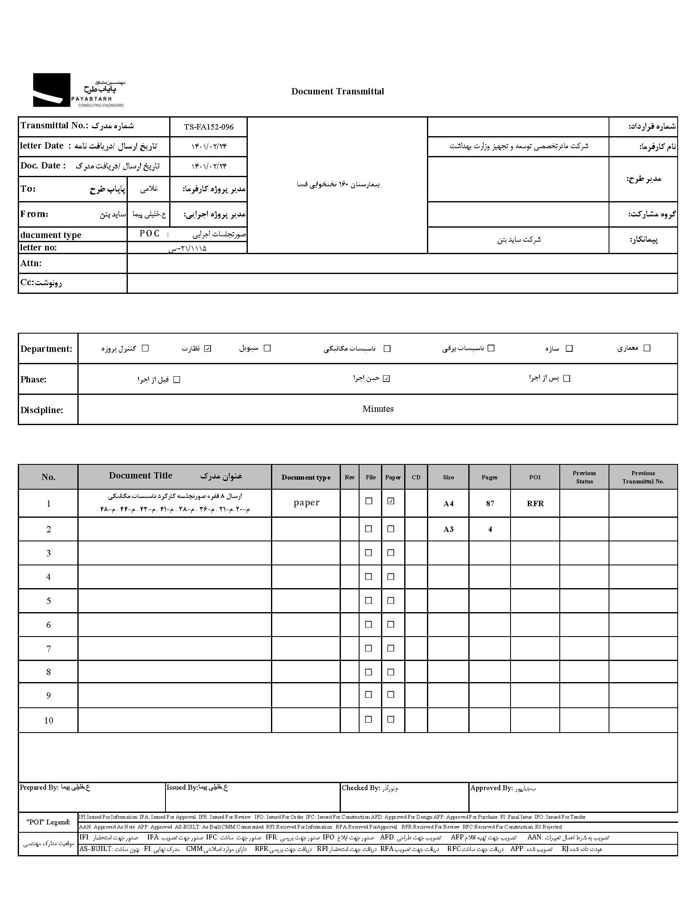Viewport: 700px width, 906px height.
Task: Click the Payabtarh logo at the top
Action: [x=78, y=90]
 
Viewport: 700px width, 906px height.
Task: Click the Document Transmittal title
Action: [x=338, y=91]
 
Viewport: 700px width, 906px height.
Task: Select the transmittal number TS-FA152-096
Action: [x=209, y=127]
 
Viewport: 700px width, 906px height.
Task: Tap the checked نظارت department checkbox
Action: [x=208, y=348]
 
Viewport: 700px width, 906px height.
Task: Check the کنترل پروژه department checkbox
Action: [x=145, y=348]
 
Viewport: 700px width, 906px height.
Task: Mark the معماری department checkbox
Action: [x=647, y=348]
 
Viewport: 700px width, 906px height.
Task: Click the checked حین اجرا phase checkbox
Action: [x=386, y=378]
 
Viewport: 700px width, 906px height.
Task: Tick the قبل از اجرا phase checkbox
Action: [x=177, y=380]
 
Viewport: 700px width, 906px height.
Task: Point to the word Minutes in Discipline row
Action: [x=378, y=409]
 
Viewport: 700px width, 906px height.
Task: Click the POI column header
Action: [x=535, y=477]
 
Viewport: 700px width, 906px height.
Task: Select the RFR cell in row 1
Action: [x=535, y=504]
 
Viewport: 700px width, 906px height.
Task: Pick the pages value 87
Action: [x=490, y=504]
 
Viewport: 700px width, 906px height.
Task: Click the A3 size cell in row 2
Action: [x=448, y=529]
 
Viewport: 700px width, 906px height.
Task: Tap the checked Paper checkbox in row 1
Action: [x=391, y=501]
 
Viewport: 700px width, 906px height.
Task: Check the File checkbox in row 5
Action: [x=368, y=600]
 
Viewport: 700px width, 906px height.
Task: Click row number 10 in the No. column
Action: [x=48, y=721]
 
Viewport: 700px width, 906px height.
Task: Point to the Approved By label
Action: [x=491, y=788]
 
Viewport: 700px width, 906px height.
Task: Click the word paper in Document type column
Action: [x=307, y=502]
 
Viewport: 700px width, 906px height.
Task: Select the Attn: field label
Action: [x=31, y=263]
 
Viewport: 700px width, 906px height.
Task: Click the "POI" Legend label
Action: [x=48, y=822]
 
